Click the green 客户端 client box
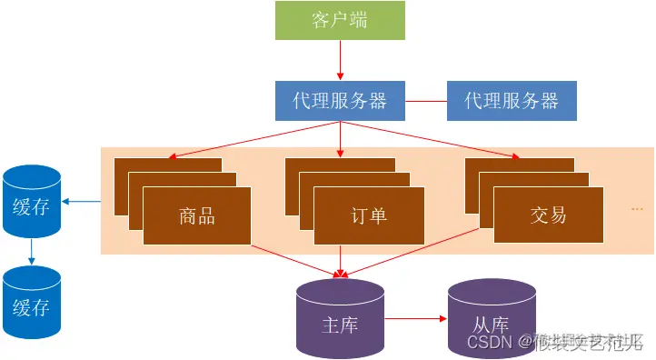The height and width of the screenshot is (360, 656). tap(340, 20)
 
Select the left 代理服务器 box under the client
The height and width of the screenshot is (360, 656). tap(340, 101)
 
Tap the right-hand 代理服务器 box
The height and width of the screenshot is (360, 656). tap(512, 101)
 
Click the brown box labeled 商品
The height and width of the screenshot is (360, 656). tap(197, 215)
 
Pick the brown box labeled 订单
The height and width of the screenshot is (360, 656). tap(369, 215)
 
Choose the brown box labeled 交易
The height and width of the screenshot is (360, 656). tap(548, 215)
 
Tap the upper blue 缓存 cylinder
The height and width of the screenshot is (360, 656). tap(32, 202)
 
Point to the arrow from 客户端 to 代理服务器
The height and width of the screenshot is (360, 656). tap(340, 60)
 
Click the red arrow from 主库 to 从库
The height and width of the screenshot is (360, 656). tap(416, 321)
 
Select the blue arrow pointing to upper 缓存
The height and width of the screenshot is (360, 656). tap(81, 202)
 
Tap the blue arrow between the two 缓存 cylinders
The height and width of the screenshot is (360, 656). tap(32, 252)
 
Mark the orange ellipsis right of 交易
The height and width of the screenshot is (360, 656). tap(637, 209)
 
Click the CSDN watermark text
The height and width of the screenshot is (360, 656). tap(488, 342)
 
